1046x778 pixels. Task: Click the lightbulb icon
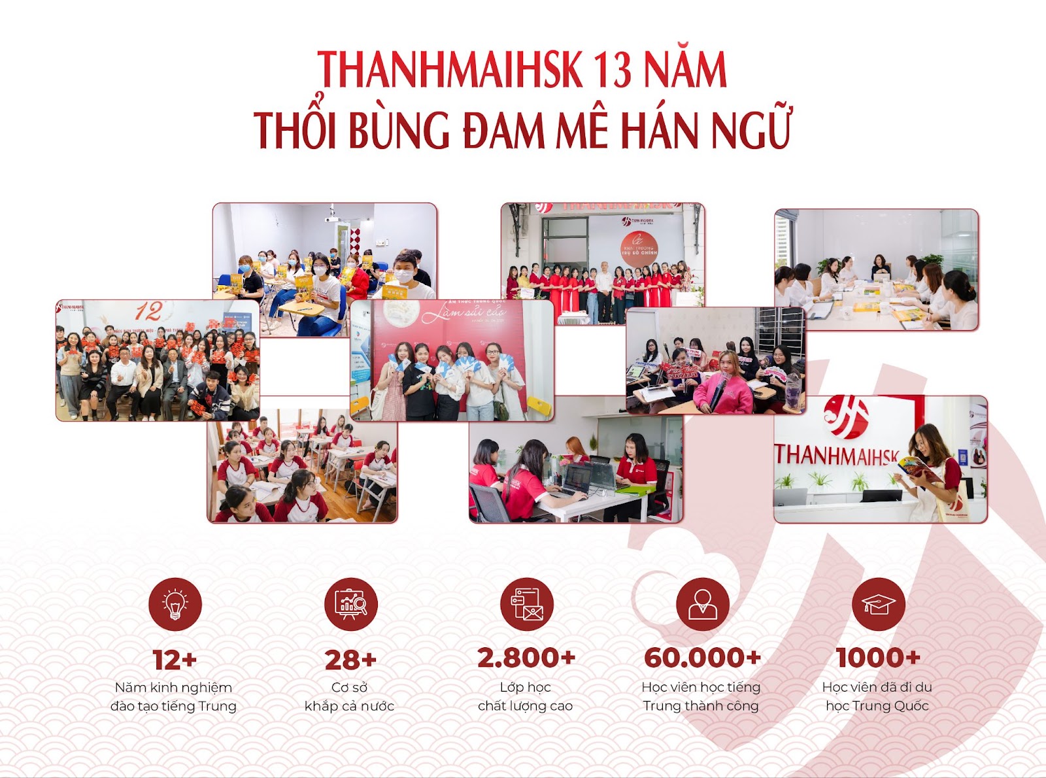point(175,604)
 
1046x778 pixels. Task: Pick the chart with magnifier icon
point(350,604)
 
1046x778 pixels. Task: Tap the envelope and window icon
point(526,604)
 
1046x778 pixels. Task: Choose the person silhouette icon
point(702,604)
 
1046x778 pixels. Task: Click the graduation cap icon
point(878,604)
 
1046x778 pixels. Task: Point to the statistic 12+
point(175,660)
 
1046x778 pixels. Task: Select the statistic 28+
point(350,660)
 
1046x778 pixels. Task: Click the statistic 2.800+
point(526,658)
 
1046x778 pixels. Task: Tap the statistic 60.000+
point(702,658)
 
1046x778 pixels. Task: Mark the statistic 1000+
point(878,658)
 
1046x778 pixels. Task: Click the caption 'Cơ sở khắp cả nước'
point(350,697)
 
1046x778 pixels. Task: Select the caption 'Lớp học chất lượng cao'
point(526,697)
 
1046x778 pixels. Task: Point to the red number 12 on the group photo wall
point(148,311)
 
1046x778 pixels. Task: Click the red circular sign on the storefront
point(639,248)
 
